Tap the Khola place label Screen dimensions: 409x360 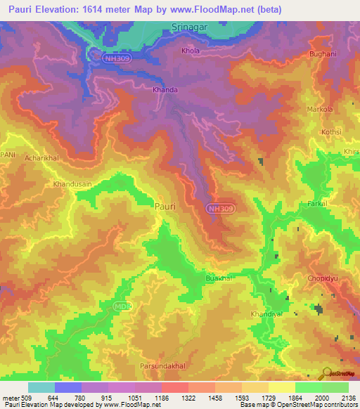point(191,51)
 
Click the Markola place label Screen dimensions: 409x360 point(319,110)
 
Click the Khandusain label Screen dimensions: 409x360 point(72,184)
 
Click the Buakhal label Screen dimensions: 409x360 point(219,278)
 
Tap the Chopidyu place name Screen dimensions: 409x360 point(323,279)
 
